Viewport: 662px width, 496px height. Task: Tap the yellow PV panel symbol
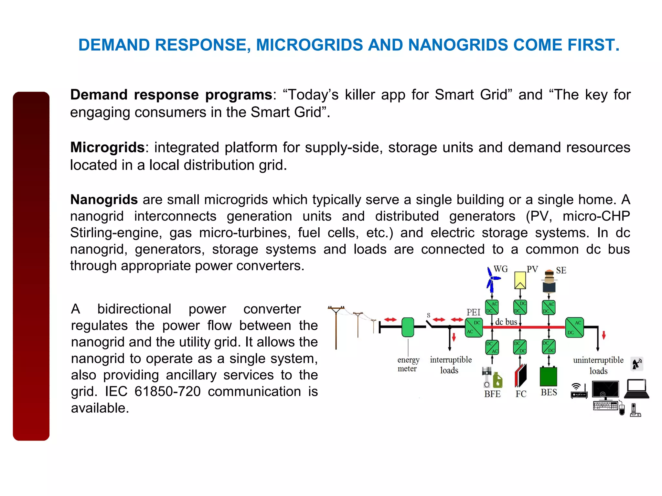click(x=520, y=280)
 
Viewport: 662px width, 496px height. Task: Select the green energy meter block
click(x=408, y=327)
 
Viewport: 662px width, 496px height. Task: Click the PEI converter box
click(x=474, y=327)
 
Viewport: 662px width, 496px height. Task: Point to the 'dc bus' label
click(x=506, y=322)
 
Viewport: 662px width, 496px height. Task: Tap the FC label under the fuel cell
click(x=521, y=394)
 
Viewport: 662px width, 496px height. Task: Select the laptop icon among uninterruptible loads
click(x=636, y=389)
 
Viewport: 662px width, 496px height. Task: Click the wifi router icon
click(x=579, y=391)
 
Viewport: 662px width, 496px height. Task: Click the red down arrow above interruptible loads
click(x=454, y=337)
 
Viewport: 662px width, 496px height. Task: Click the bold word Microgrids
click(x=107, y=147)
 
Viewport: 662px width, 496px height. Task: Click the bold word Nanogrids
click(x=104, y=200)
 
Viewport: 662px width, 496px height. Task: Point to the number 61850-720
click(x=167, y=391)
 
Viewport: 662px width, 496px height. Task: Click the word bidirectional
click(x=134, y=309)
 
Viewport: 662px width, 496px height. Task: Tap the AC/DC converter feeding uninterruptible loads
click(x=574, y=327)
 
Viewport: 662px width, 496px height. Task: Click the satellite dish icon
click(x=636, y=364)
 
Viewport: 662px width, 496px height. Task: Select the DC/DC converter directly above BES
click(x=549, y=347)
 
